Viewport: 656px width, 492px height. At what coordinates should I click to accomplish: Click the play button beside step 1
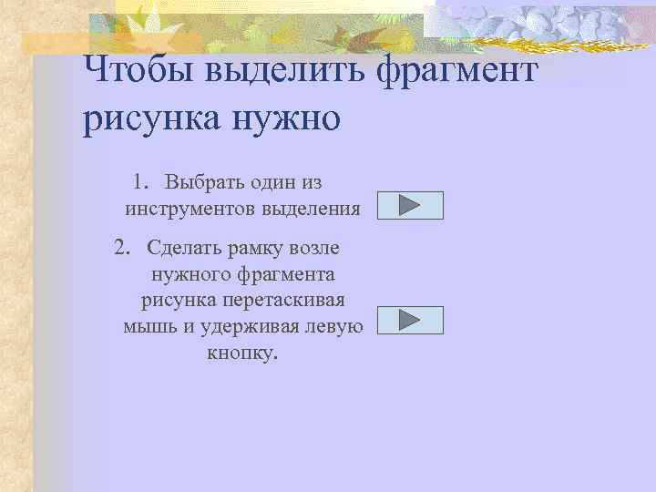pyautogui.click(x=410, y=205)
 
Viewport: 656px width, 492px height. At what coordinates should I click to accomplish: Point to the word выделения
pyautogui.click(x=311, y=209)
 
